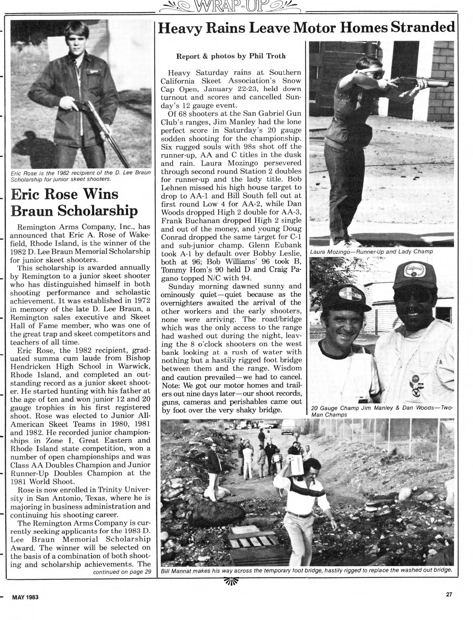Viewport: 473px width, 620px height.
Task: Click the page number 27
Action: pyautogui.click(x=449, y=596)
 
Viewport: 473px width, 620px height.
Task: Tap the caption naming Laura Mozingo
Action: pyautogui.click(x=371, y=252)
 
